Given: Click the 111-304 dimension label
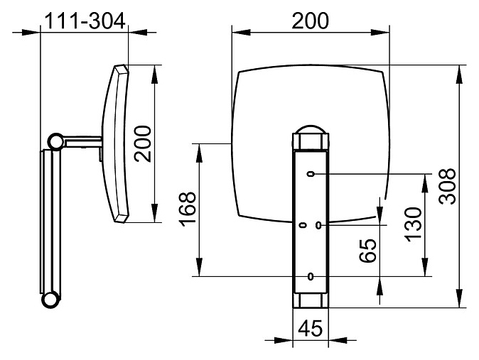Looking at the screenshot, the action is click(x=85, y=21).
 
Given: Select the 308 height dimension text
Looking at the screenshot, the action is click(x=447, y=186).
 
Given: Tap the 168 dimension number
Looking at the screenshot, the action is click(x=187, y=209).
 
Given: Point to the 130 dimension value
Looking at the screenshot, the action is click(x=414, y=224).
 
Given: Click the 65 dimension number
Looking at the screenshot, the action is click(x=367, y=251).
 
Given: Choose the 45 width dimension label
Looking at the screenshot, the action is click(x=310, y=328).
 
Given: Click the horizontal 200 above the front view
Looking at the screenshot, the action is click(x=310, y=21).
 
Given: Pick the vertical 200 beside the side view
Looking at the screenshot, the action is click(x=143, y=143).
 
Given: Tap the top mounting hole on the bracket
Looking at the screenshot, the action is click(x=311, y=175).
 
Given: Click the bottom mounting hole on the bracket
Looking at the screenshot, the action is click(x=311, y=277).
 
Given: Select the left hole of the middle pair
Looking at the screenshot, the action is click(x=303, y=225).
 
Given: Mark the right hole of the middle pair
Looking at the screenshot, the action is click(x=318, y=225).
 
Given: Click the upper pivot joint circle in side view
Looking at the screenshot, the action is click(x=56, y=142).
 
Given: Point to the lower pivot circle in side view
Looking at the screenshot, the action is click(x=50, y=300).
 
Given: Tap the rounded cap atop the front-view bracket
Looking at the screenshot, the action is click(x=311, y=129).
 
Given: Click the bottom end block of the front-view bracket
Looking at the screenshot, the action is click(x=311, y=300).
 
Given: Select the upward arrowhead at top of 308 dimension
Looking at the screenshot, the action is click(x=459, y=74).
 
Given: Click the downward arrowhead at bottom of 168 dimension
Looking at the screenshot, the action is click(x=199, y=267).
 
